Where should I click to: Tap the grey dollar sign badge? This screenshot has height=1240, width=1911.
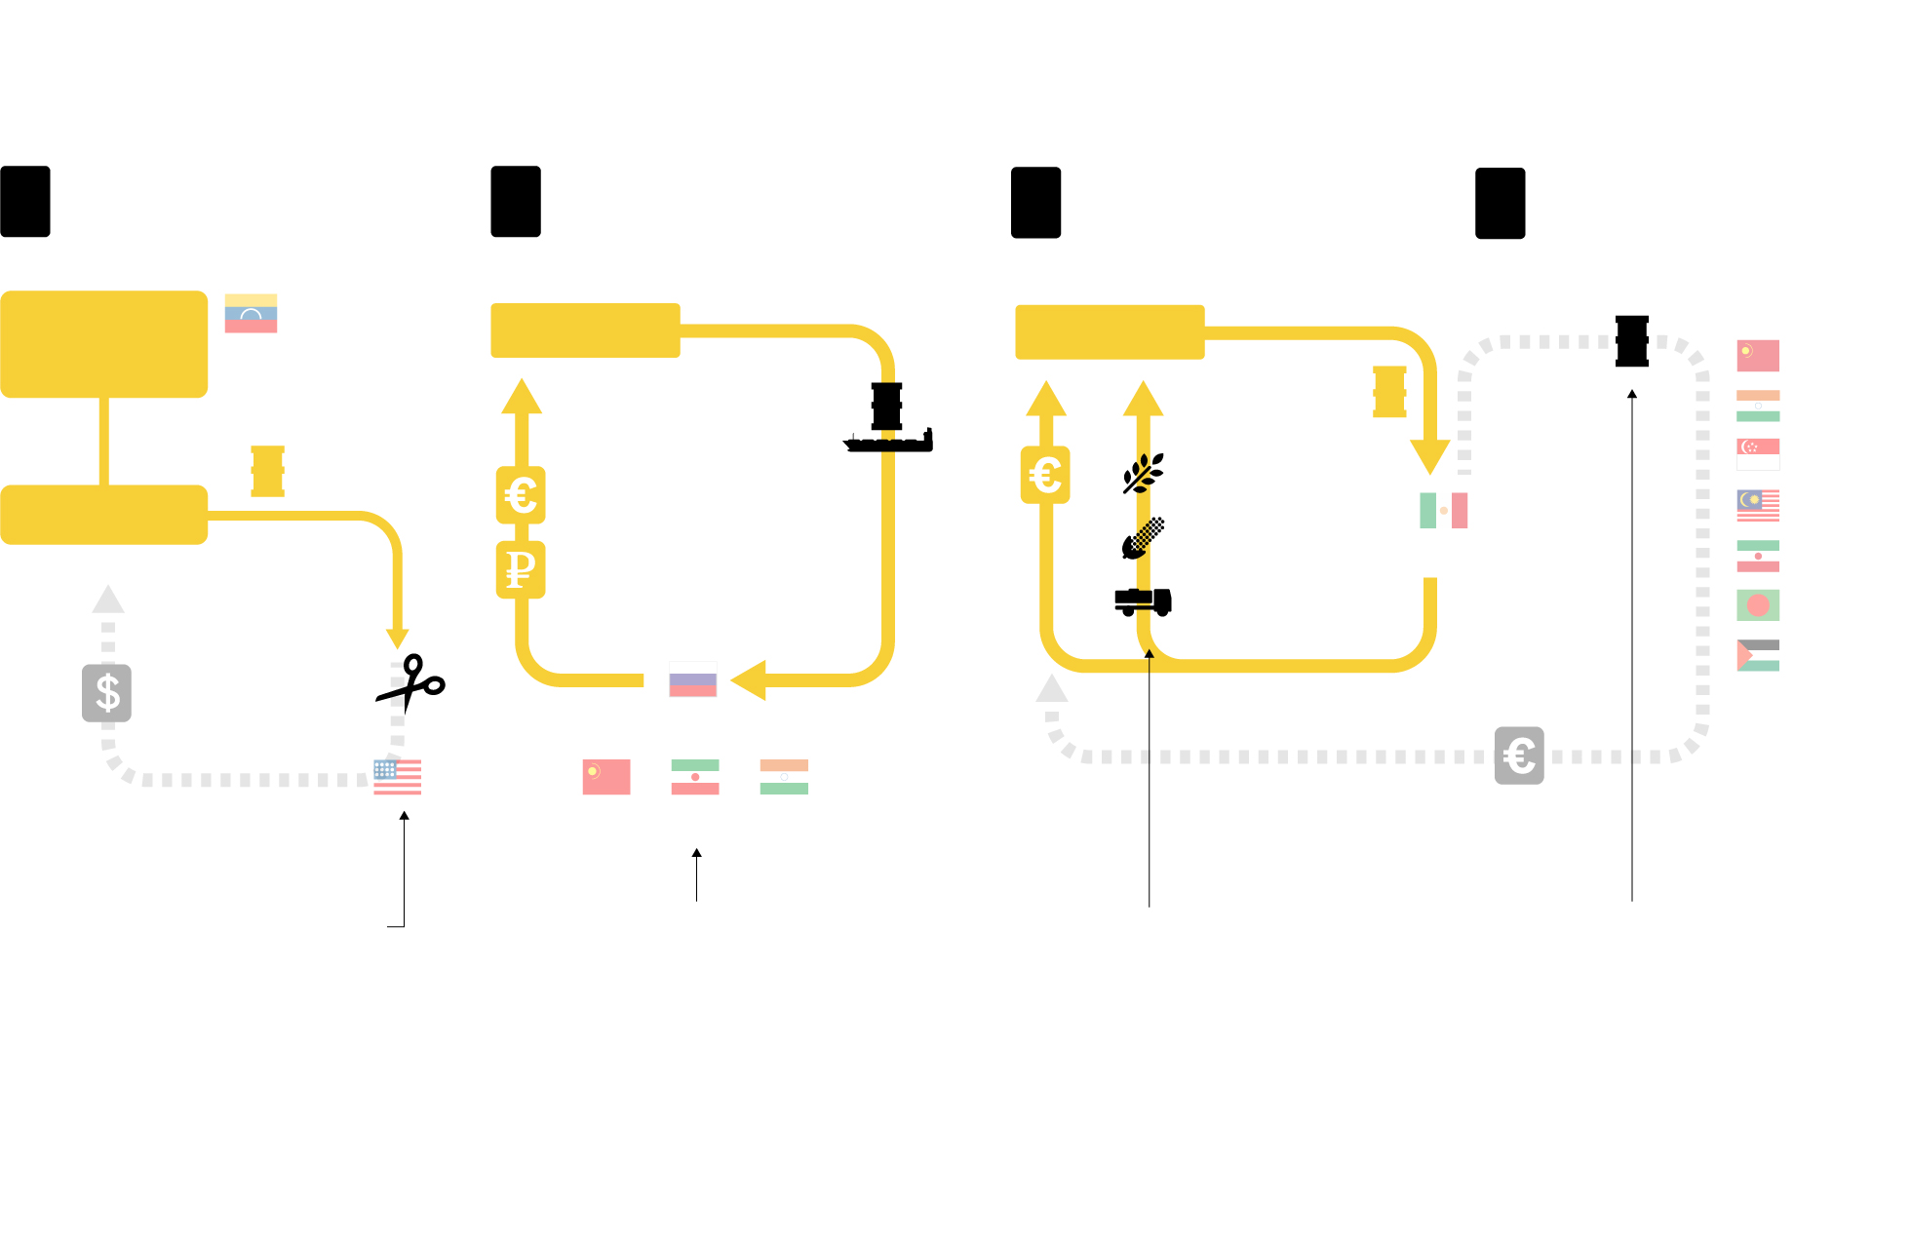point(106,693)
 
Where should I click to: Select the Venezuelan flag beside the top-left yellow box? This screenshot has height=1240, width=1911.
point(251,313)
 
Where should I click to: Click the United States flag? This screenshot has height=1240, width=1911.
point(397,777)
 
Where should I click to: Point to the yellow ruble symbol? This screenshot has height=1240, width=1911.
point(521,569)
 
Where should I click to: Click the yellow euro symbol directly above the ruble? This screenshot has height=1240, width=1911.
point(521,495)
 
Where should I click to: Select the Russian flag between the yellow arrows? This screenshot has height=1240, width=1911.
point(692,679)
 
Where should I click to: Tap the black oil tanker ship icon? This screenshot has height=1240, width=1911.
point(888,419)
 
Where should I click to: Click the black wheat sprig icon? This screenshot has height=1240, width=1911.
point(1143,474)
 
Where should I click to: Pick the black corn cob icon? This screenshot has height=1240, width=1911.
point(1143,538)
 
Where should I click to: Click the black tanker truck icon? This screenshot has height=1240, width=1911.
point(1143,601)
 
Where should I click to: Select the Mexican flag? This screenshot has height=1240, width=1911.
point(1443,510)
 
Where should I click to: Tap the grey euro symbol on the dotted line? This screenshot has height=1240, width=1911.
point(1519,756)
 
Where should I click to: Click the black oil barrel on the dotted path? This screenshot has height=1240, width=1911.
point(1631,341)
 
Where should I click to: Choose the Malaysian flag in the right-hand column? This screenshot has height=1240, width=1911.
point(1758,505)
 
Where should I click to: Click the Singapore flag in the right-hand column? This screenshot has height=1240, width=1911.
point(1758,454)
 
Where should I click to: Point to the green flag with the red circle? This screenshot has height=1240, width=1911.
point(1758,605)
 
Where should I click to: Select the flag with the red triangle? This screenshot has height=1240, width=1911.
point(1758,655)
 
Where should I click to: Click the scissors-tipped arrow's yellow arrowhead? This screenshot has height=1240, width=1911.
point(397,639)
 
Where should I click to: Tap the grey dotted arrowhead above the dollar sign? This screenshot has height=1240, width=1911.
point(108,600)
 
